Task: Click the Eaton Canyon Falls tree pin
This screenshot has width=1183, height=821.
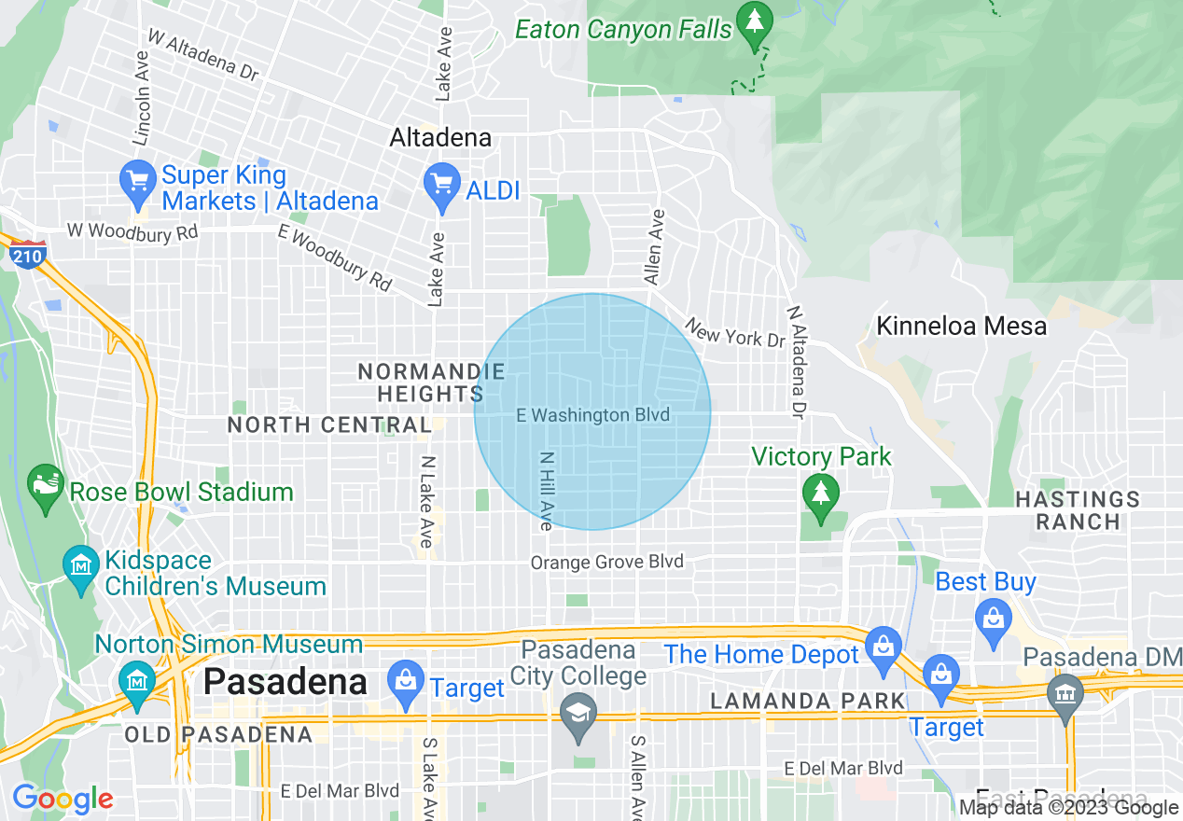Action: point(753,20)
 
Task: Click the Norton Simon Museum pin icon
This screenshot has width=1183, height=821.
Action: point(138,681)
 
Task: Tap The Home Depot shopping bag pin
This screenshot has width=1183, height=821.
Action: point(881,645)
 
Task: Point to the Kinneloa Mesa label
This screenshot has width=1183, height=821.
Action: point(961,326)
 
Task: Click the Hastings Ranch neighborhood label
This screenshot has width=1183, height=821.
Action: point(1078,510)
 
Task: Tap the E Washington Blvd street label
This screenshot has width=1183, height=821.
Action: point(593,415)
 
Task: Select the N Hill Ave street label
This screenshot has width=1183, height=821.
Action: point(546,492)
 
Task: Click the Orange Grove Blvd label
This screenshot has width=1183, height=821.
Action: point(607,563)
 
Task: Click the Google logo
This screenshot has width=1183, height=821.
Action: point(63,799)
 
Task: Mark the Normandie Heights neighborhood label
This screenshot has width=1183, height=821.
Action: point(431,383)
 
